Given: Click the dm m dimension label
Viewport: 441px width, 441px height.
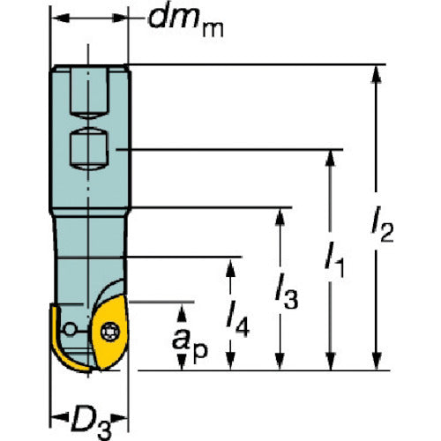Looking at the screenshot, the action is coord(186,22).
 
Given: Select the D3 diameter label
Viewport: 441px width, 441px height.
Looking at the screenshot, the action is coord(91,422).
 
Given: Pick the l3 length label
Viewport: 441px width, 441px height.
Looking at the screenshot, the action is coord(287,291).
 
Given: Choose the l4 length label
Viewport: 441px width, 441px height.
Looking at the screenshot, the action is coord(238,319).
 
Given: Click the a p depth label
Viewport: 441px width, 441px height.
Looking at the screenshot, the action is coord(190,343).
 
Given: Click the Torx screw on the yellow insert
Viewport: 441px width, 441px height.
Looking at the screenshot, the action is coord(110,333).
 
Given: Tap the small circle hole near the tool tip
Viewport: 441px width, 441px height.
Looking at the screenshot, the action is coord(70,329).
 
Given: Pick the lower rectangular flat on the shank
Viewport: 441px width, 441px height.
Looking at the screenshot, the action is coord(89,149).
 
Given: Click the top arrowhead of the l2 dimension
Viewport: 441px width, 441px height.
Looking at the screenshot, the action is coord(377,74).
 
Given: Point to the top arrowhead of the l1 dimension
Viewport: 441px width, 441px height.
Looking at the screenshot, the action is coord(331,159).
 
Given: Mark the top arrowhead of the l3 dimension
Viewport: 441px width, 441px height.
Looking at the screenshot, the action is coord(280,217).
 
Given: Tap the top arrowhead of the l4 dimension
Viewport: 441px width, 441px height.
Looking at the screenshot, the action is coord(230,267).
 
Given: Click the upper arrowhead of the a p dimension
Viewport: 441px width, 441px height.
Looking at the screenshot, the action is coord(183,312).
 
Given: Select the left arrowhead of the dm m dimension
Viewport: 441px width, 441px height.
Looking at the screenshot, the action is coord(61,18).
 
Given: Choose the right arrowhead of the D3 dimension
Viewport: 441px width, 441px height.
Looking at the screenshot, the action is coord(119,417).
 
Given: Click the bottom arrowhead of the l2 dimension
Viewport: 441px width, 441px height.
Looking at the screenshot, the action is coord(377,361).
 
